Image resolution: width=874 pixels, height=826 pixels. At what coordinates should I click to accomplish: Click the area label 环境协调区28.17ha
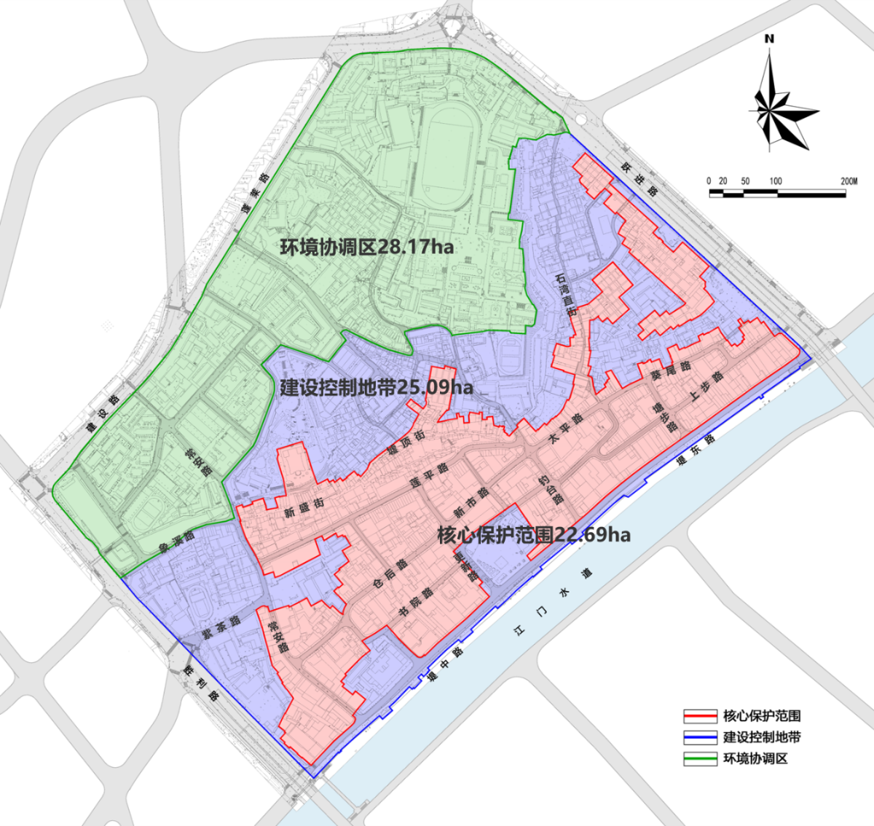point(366,247)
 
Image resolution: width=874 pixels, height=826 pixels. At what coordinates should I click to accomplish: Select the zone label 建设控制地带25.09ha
point(377,386)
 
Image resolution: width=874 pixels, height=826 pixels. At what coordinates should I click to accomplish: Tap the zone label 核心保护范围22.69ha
point(534,535)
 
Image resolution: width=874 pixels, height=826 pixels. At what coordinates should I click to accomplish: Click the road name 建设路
point(101,413)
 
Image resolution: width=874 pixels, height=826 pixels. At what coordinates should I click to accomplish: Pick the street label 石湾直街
point(565,294)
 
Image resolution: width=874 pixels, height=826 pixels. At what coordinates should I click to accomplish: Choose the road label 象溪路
point(176,539)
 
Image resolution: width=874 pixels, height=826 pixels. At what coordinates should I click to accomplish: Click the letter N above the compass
point(769,39)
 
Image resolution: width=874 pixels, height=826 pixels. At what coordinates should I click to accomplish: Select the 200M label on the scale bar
point(849,181)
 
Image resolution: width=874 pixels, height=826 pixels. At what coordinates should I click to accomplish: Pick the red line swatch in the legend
point(701,716)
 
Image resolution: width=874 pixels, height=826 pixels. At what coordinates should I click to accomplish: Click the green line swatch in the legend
point(701,759)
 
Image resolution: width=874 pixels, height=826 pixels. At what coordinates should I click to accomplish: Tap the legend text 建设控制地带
point(762,737)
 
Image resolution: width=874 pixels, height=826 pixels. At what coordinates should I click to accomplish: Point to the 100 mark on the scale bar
point(775,181)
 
